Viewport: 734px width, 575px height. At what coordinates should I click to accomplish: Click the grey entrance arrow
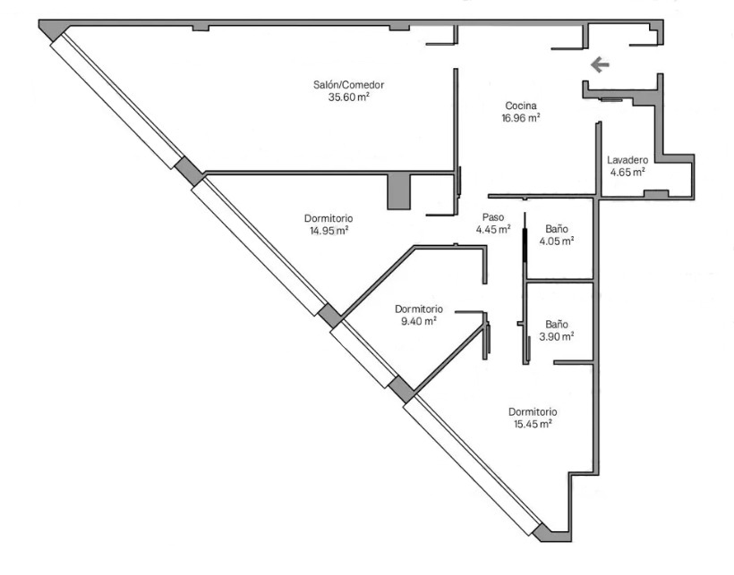pyautogui.click(x=600, y=64)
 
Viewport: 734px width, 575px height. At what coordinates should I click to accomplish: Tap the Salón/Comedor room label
pyautogui.click(x=349, y=85)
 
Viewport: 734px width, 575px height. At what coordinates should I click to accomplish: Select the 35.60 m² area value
pyautogui.click(x=349, y=97)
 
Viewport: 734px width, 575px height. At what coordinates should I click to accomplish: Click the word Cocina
pyautogui.click(x=521, y=106)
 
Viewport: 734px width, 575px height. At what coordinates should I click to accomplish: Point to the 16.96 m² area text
pyautogui.click(x=521, y=118)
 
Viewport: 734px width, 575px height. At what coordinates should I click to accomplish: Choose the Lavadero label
pyautogui.click(x=627, y=160)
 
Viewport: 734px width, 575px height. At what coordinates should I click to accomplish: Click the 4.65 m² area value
pyautogui.click(x=627, y=172)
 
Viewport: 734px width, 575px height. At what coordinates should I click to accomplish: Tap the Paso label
pyautogui.click(x=493, y=217)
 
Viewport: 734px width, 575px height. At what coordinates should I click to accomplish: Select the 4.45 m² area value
pyautogui.click(x=493, y=229)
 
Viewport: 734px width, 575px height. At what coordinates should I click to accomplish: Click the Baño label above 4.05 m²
pyautogui.click(x=557, y=229)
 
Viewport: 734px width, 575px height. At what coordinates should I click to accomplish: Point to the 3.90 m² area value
pyautogui.click(x=557, y=336)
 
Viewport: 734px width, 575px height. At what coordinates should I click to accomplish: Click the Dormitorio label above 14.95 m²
pyautogui.click(x=329, y=218)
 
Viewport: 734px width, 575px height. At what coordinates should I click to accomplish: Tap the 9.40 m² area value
pyautogui.click(x=419, y=321)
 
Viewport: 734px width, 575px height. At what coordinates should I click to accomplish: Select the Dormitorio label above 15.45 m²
pyautogui.click(x=533, y=412)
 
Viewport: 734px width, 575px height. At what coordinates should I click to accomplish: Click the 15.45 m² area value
pyautogui.click(x=533, y=424)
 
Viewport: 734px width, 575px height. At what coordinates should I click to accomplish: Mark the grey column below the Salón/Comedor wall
pyautogui.click(x=399, y=191)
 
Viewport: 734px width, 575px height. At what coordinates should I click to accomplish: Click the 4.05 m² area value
pyautogui.click(x=557, y=241)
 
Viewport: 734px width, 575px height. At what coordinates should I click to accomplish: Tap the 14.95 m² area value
pyautogui.click(x=329, y=231)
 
